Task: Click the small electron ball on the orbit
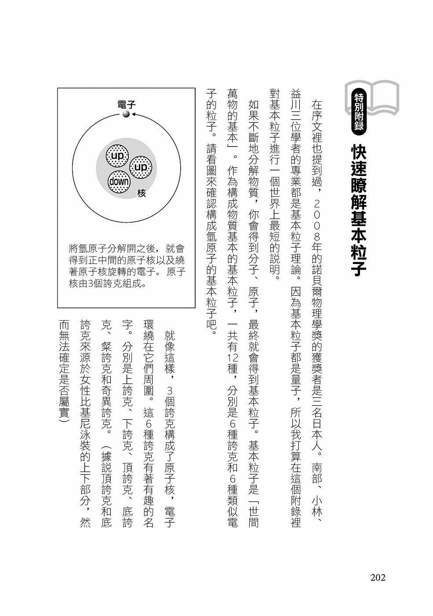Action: click(126, 114)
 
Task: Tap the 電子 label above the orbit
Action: click(127, 104)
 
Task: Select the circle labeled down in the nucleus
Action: click(119, 182)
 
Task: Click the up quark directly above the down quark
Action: click(117, 156)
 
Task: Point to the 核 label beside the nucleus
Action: click(142, 193)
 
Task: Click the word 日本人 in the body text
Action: click(317, 431)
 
